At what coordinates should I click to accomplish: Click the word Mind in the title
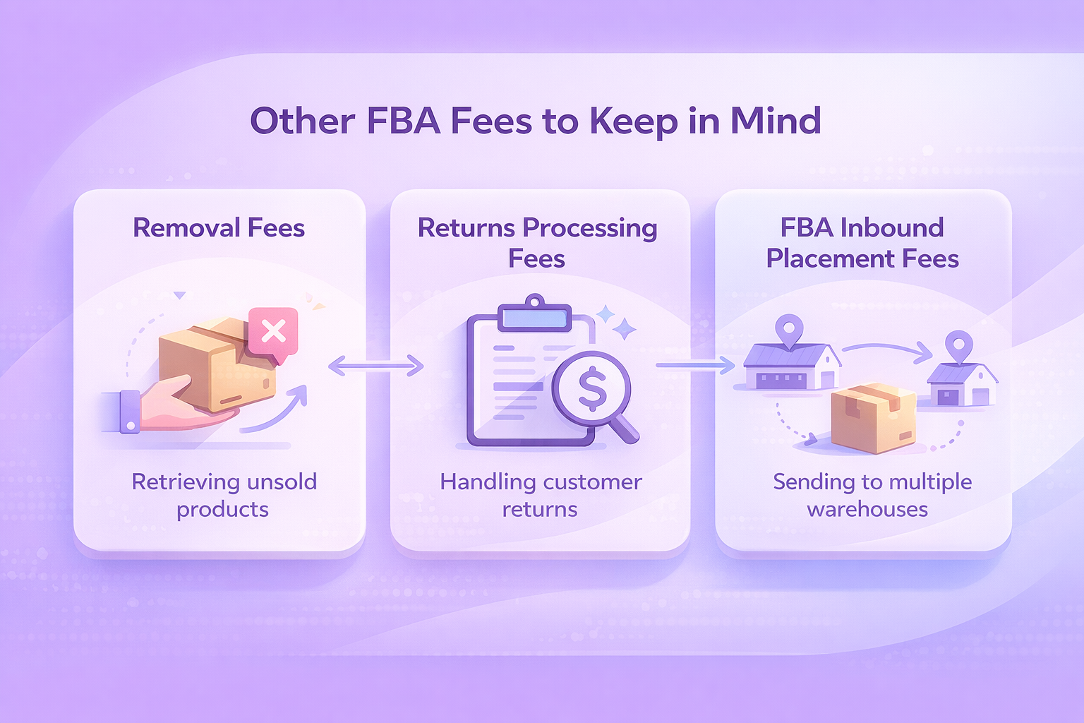pos(775,121)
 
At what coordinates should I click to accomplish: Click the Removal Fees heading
pos(219,228)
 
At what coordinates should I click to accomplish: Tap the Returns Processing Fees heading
pos(537,243)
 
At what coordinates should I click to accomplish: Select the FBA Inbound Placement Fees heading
pos(862,243)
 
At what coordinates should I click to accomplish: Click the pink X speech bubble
pos(273,331)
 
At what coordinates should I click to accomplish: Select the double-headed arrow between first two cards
pos(376,366)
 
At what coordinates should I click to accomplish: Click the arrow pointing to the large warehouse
pos(695,365)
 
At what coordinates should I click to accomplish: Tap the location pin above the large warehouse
pos(788,329)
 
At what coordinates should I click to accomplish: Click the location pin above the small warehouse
pos(958,346)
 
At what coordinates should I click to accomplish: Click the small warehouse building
pos(961,386)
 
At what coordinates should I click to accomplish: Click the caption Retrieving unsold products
pos(224,495)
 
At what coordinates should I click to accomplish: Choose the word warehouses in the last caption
pos(867,510)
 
